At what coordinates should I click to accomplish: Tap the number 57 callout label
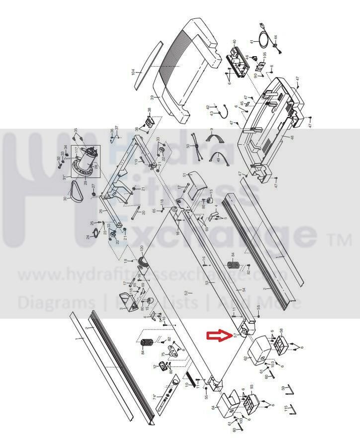(x=235, y=336)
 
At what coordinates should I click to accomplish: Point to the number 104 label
(x=133, y=72)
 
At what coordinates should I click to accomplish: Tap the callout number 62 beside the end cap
(x=246, y=357)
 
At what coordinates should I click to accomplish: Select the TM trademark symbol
(x=340, y=241)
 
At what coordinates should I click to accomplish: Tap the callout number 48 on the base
(x=293, y=137)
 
